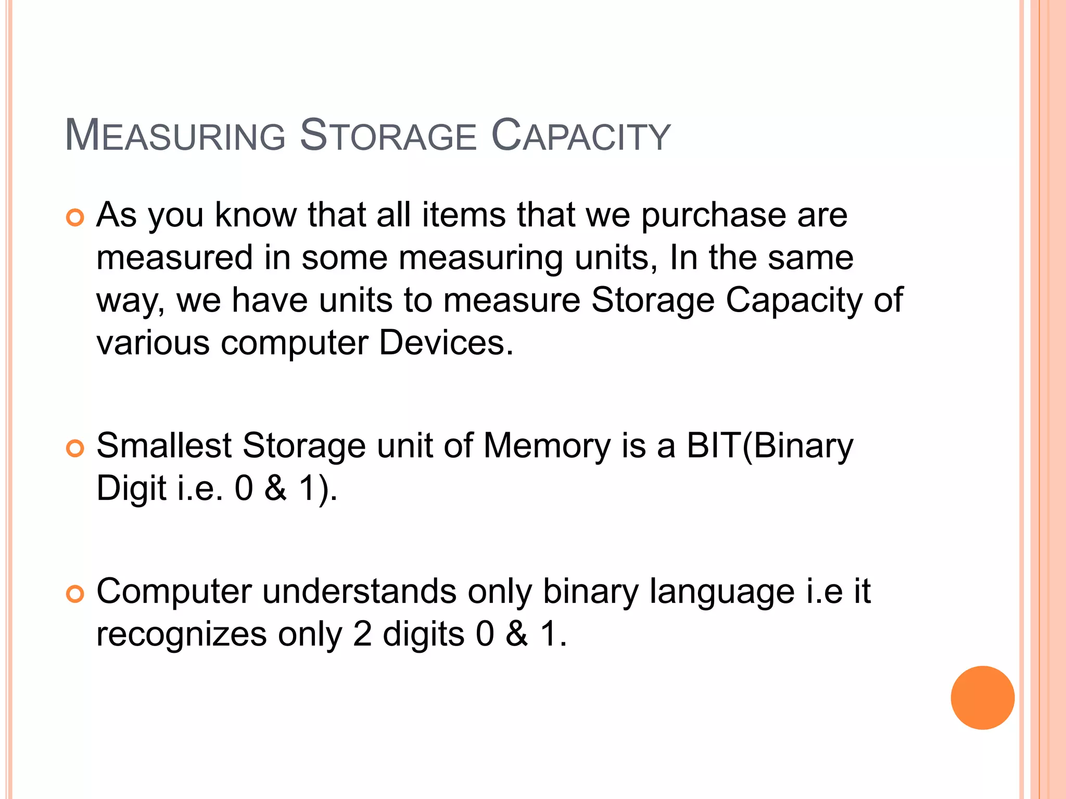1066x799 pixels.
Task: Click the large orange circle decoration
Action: [x=982, y=698]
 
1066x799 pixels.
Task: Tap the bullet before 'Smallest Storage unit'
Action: [x=75, y=448]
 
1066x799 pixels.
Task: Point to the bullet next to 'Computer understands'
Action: [x=75, y=594]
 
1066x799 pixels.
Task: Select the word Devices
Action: [x=446, y=343]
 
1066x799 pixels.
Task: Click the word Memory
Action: [x=547, y=446]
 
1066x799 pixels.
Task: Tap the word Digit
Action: [x=131, y=488]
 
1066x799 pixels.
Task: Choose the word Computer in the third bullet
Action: [x=174, y=591]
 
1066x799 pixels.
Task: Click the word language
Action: [x=722, y=591]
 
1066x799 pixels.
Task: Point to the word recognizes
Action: [x=181, y=634]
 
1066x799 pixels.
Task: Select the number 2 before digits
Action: [x=362, y=634]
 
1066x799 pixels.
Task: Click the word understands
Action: [x=359, y=591]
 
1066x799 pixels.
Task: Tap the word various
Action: [x=153, y=343]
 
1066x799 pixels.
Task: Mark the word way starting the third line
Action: [x=130, y=302]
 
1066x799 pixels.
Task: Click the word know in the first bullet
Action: [x=255, y=215]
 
